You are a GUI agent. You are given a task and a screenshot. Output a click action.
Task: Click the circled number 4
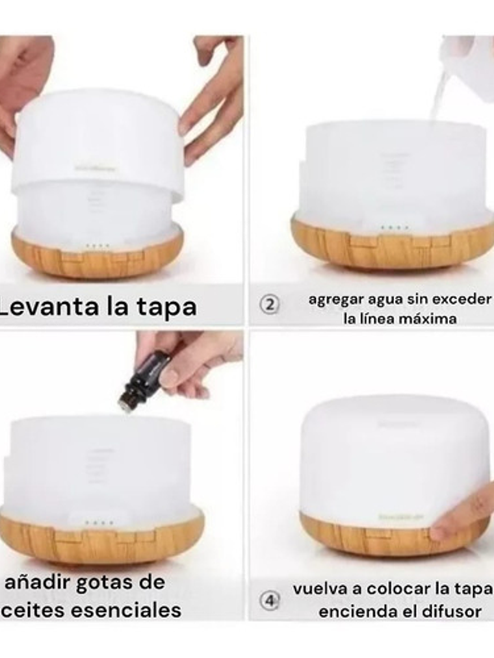pyautogui.click(x=270, y=600)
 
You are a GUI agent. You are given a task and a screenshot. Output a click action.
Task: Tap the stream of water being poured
pyautogui.click(x=437, y=97)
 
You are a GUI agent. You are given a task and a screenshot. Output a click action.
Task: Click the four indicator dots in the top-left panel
pyautogui.click(x=97, y=246)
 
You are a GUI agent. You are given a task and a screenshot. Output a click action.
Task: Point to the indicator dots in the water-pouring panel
pyautogui.click(x=395, y=228)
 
